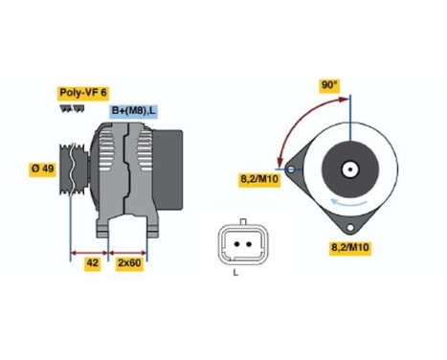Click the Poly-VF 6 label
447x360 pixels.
(x=83, y=93)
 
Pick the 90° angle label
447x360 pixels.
(x=328, y=85)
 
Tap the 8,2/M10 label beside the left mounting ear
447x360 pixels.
(x=257, y=178)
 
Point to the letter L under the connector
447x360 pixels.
(x=235, y=274)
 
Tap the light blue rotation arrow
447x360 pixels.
(x=346, y=202)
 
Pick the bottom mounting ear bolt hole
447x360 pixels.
(x=351, y=228)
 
